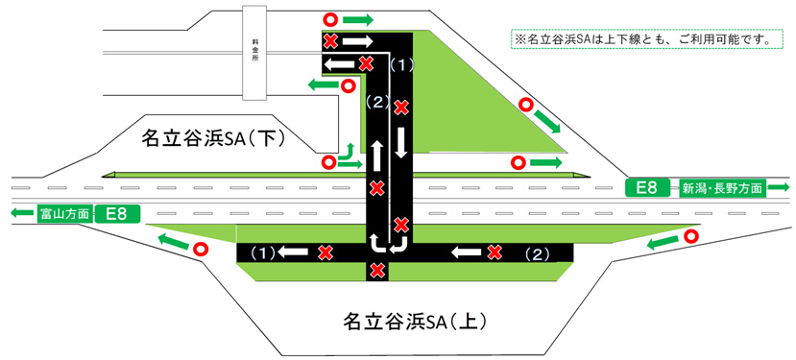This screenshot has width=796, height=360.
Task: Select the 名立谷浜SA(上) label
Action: (403, 320)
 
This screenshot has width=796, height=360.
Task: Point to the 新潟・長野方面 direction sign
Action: (723, 187)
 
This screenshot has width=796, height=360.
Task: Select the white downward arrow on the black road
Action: (401, 143)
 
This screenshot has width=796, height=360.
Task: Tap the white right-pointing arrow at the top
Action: (355, 41)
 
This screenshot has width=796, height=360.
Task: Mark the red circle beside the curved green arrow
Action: (329, 162)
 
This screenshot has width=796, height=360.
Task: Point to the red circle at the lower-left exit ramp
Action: (201, 249)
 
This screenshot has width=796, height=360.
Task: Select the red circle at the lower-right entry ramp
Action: (690, 235)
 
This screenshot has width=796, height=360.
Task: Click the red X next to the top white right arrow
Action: (329, 41)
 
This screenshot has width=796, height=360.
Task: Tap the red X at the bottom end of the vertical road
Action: (377, 270)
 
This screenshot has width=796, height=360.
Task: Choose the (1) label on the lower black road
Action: (262, 252)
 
